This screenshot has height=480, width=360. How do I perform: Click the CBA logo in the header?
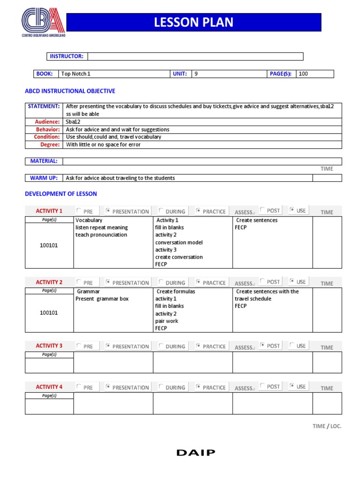click(44, 22)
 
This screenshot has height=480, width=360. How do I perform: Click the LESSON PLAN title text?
click(194, 22)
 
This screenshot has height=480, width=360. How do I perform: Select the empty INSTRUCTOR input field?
click(195, 57)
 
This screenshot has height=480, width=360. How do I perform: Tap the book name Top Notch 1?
click(76, 74)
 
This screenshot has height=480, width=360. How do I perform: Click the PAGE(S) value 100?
click(303, 74)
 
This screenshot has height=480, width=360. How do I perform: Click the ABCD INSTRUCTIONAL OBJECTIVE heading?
click(70, 91)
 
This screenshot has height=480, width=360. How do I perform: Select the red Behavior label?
click(48, 129)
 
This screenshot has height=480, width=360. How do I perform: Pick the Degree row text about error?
click(103, 144)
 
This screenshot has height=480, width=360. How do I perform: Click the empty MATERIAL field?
click(202, 161)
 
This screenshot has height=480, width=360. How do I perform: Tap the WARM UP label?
click(44, 178)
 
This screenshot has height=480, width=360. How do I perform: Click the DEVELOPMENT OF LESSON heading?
click(61, 194)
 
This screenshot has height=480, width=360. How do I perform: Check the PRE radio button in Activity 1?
click(79, 211)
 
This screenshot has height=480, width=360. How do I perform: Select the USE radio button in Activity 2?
click(292, 282)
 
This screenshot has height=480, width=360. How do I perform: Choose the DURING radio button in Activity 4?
click(161, 387)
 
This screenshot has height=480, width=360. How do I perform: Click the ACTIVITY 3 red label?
click(49, 346)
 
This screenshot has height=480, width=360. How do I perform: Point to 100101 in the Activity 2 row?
click(49, 313)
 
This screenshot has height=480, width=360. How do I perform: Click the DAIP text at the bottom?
click(196, 452)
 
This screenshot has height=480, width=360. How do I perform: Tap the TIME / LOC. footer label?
click(327, 426)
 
